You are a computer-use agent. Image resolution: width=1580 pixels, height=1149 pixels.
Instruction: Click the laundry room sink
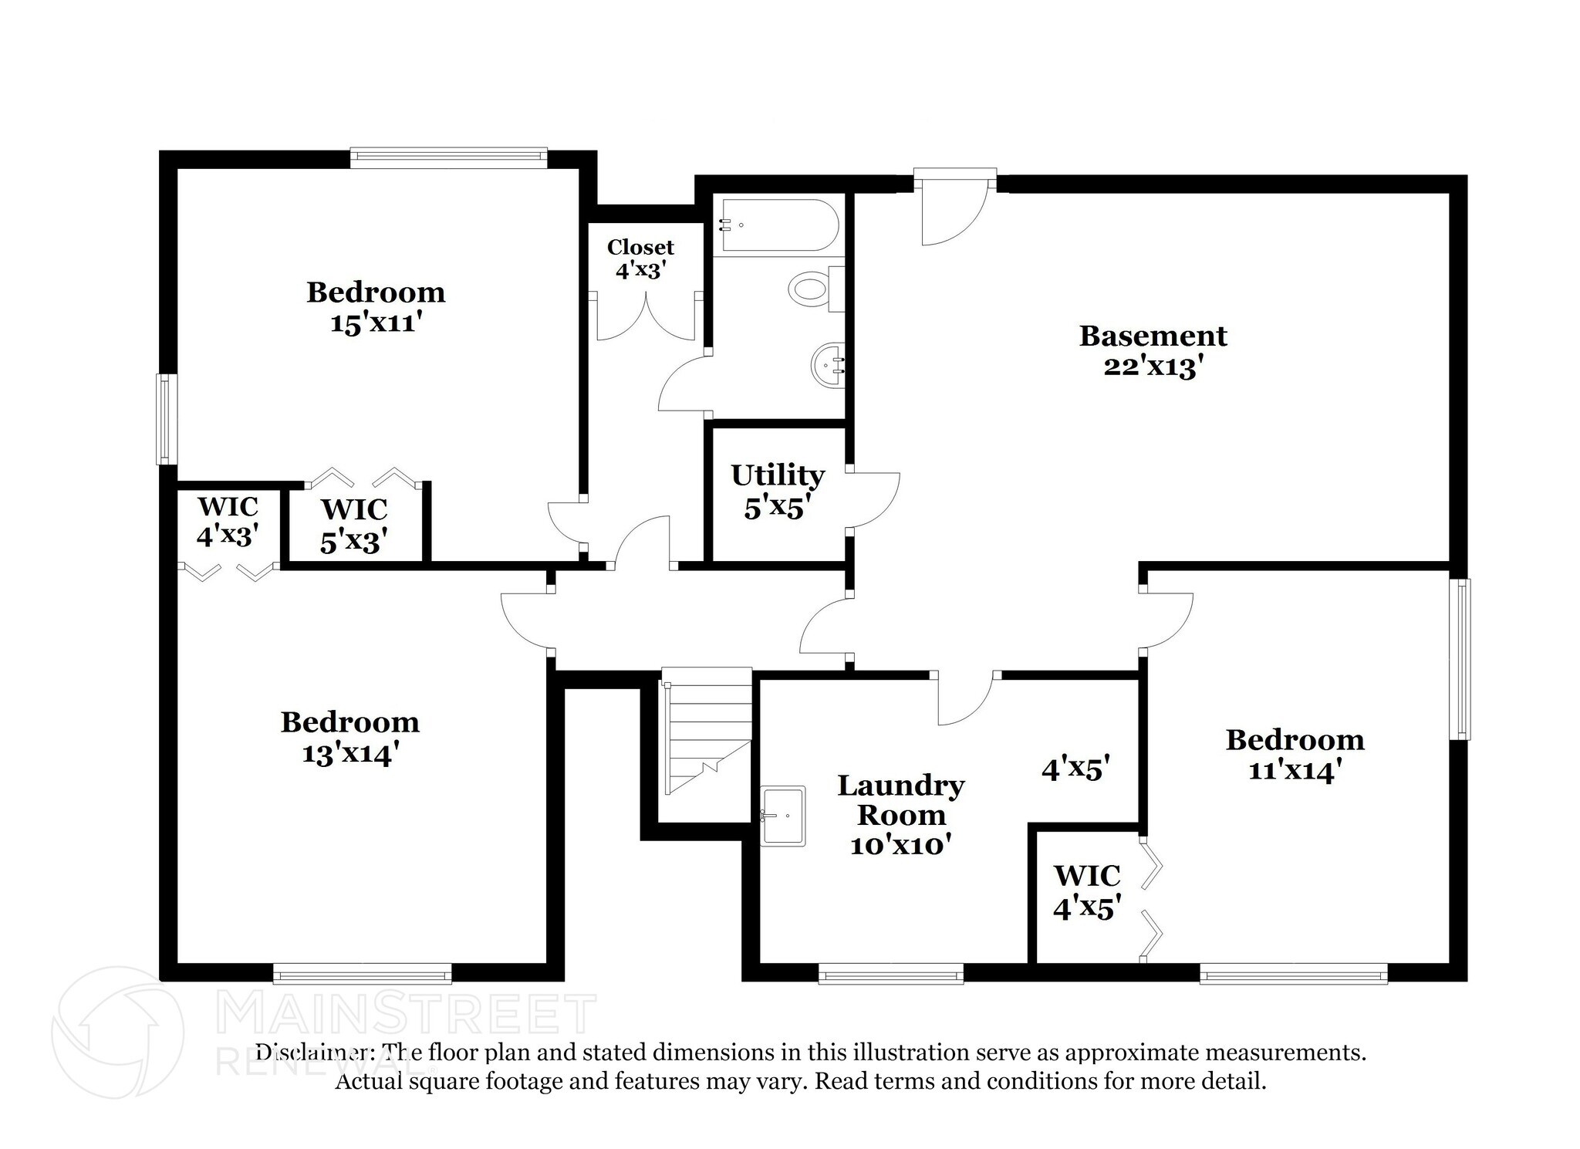click(783, 816)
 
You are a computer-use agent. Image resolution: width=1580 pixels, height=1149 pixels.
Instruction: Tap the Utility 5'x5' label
click(778, 491)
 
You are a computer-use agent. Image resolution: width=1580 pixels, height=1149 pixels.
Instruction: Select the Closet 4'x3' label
click(640, 259)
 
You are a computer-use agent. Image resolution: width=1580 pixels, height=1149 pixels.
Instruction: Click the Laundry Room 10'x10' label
click(900, 815)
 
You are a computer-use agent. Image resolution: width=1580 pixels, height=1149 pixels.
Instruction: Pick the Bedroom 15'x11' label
click(376, 307)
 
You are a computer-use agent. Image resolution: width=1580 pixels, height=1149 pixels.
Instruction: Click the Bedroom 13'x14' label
click(349, 737)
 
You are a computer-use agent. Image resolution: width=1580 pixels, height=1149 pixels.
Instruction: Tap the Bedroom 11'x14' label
click(1295, 755)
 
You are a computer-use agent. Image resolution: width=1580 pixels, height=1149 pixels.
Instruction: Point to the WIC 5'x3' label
click(353, 525)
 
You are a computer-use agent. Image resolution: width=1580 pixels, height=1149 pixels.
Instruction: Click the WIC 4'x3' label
click(227, 522)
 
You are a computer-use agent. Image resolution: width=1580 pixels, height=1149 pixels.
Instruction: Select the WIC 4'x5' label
click(1087, 892)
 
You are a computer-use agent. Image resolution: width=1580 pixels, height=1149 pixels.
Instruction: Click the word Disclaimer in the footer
click(310, 1053)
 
